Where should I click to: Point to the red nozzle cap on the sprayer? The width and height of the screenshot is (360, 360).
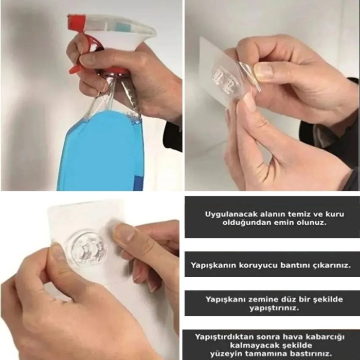(76, 21)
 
